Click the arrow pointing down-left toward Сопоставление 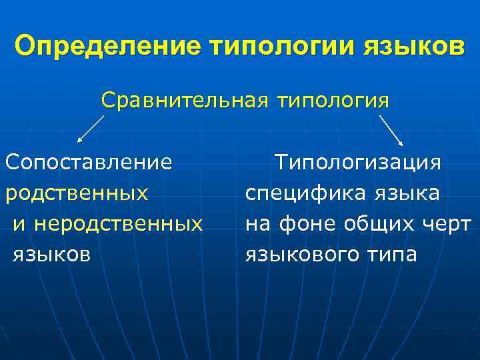coord(91,129)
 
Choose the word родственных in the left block coord(77,193)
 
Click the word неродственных coord(119,223)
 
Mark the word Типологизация coord(358,163)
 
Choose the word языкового coord(301,254)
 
